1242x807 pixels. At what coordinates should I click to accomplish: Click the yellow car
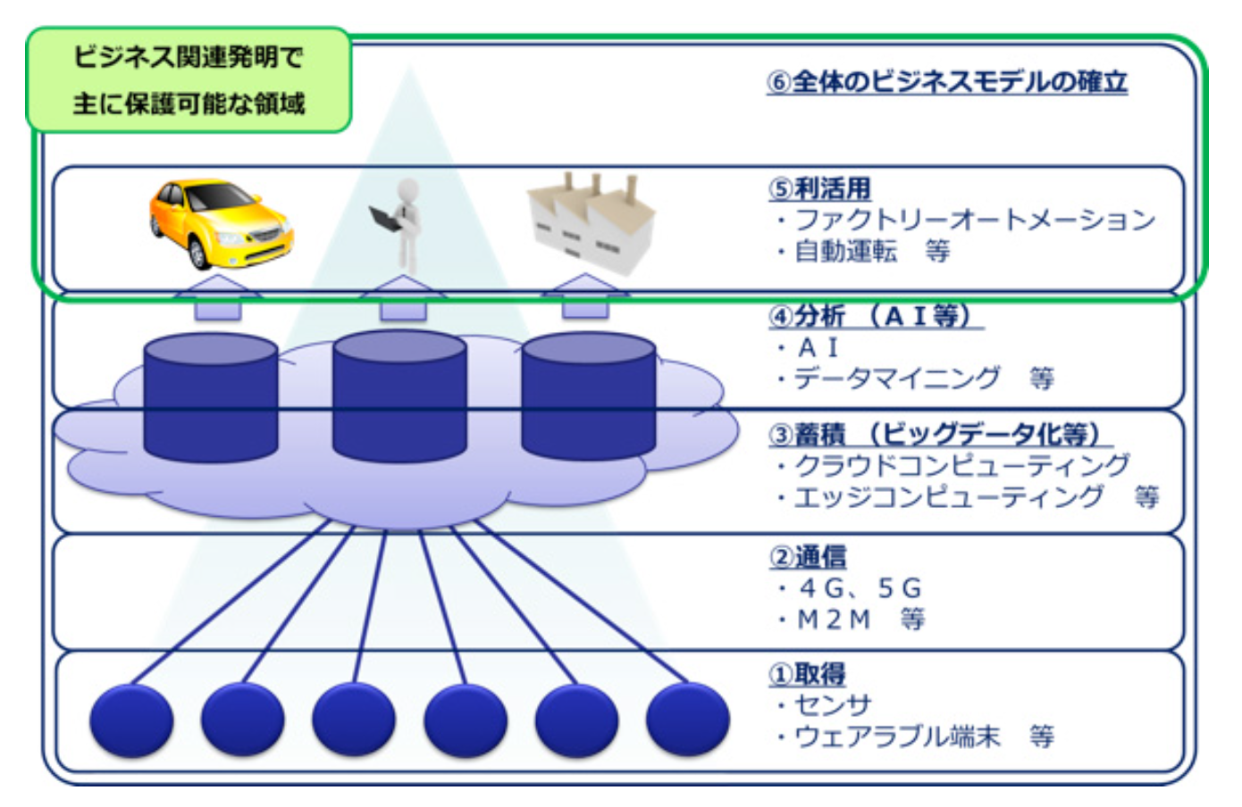pos(220,223)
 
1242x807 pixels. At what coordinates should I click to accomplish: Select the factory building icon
pos(592,221)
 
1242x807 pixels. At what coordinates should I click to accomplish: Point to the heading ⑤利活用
pos(819,188)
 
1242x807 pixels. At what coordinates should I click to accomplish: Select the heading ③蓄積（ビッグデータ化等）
pos(938,434)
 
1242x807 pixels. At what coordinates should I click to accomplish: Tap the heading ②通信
pos(808,557)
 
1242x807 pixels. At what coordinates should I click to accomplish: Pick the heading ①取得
pos(807,674)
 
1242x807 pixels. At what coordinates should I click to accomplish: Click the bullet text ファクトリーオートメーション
pos(975,220)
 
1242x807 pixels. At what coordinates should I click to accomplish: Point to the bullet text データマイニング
pos(897,379)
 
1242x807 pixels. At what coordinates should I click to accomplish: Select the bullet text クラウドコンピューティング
pos(961,465)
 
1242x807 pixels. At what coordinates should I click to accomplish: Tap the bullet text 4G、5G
pos(859,588)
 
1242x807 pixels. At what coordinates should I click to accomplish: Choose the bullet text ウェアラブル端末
pos(897,736)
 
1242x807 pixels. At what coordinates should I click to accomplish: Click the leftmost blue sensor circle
pos(131,720)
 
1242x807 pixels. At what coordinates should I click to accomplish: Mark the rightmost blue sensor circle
pos(687,720)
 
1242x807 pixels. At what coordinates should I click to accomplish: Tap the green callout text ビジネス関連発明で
pos(189,58)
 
